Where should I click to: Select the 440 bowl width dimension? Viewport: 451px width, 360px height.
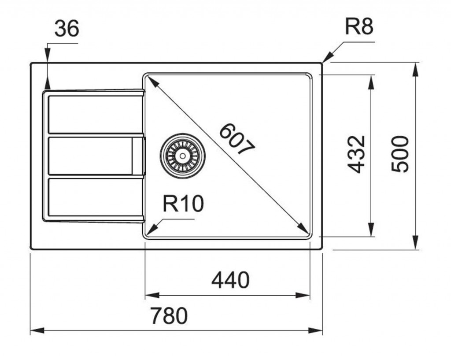[230, 280]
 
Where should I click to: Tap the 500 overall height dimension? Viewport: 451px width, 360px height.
[400, 154]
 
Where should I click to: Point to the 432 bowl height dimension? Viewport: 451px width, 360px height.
[357, 154]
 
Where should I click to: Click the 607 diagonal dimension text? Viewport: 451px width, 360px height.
[237, 140]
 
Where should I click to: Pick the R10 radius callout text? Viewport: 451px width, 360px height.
[183, 204]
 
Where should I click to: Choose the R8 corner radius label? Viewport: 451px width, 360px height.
[359, 27]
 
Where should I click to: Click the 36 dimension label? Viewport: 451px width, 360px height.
[67, 29]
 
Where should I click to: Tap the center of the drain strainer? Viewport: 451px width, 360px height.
[182, 155]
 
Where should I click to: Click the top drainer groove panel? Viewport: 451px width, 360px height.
[95, 114]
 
